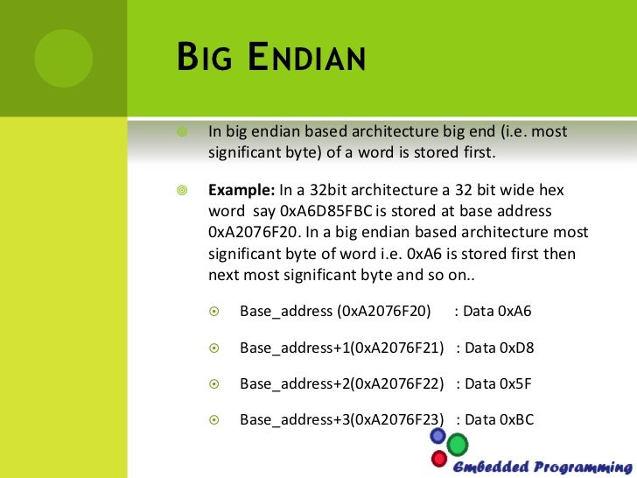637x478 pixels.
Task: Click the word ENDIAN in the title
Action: pos(307,61)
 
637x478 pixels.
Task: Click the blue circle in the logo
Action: pos(438,436)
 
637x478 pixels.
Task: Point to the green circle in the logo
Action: pos(457,446)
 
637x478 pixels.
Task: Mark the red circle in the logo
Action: pos(439,458)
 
